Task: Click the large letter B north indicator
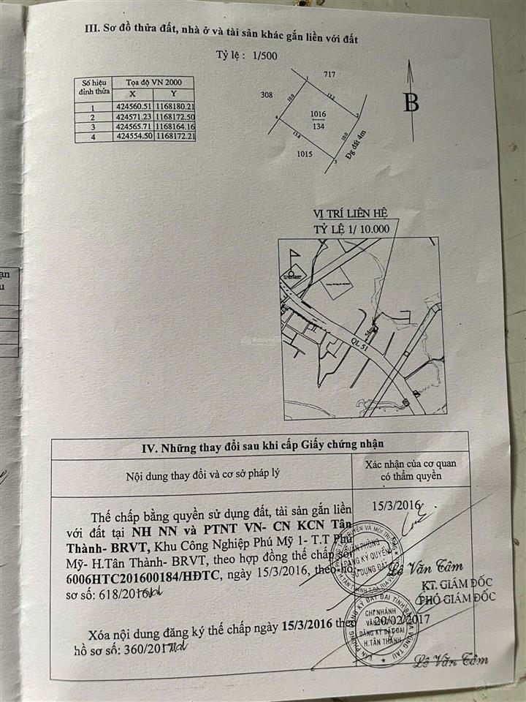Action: (411, 103)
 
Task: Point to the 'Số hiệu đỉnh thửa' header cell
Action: (95, 87)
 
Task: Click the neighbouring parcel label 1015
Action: (305, 154)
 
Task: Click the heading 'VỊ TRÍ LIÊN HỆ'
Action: (350, 213)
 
